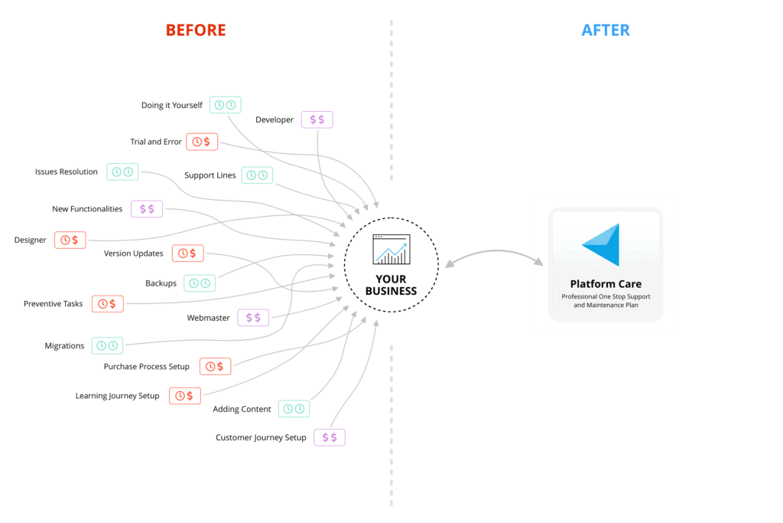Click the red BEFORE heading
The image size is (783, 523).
(196, 31)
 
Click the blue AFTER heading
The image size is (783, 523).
(606, 31)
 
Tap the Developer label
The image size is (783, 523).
(275, 119)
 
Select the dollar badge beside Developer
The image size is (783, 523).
(317, 119)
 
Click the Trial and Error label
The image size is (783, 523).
(156, 142)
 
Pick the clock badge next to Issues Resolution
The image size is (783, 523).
(122, 172)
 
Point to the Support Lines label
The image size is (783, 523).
(210, 175)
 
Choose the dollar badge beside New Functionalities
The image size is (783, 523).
(147, 209)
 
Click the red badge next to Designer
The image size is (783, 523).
(70, 240)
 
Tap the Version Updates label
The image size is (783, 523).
(134, 253)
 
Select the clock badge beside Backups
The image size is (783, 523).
(200, 283)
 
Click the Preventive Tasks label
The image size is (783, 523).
(53, 304)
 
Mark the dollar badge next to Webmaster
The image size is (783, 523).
(253, 318)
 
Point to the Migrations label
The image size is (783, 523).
(64, 346)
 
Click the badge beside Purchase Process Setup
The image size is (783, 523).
(215, 367)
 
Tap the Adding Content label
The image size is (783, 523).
(242, 410)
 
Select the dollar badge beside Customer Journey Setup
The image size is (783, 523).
(330, 438)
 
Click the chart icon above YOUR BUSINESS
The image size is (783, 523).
(391, 249)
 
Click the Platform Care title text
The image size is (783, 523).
(606, 284)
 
